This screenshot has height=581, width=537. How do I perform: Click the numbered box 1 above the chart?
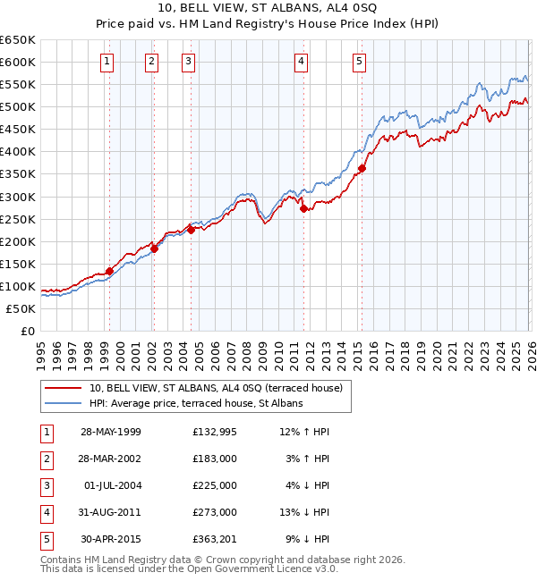pyautogui.click(x=107, y=62)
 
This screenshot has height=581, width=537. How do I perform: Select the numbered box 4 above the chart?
pyautogui.click(x=302, y=62)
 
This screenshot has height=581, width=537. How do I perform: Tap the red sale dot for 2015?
pyautogui.click(x=362, y=168)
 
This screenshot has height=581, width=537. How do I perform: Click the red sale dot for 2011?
pyautogui.click(x=303, y=208)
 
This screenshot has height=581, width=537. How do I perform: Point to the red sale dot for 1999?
pyautogui.click(x=109, y=271)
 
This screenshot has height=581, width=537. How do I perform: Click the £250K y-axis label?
pyautogui.click(x=18, y=219)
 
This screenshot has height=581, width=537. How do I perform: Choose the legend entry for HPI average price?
pyautogui.click(x=196, y=403)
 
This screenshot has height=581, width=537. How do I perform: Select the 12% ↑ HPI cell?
pyautogui.click(x=305, y=431)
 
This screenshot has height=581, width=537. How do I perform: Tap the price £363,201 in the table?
pyautogui.click(x=214, y=538)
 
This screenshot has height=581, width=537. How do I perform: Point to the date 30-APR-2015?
pyautogui.click(x=111, y=538)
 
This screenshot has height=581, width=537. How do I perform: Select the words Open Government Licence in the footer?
pyautogui.click(x=258, y=568)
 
